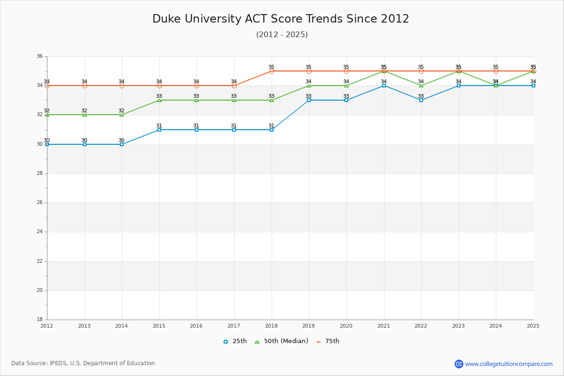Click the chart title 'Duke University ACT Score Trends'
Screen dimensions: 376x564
pyautogui.click(x=281, y=19)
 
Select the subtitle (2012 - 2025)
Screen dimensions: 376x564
pyautogui.click(x=282, y=35)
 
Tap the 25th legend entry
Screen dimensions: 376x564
pyautogui.click(x=235, y=341)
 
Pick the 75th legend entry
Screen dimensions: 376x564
pyautogui.click(x=328, y=341)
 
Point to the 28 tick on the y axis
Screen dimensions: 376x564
pyautogui.click(x=39, y=173)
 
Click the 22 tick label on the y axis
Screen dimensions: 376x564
pyautogui.click(x=39, y=261)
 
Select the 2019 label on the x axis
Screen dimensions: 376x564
pyautogui.click(x=309, y=326)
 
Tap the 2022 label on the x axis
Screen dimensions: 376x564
pyautogui.click(x=421, y=326)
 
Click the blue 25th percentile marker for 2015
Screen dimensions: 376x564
pyautogui.click(x=159, y=130)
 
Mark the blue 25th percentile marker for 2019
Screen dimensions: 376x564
pyautogui.click(x=309, y=100)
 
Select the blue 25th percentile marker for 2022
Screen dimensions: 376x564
pyautogui.click(x=421, y=100)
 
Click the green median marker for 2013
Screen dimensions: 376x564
pyautogui.click(x=85, y=115)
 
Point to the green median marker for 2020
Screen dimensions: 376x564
pyautogui.click(x=346, y=86)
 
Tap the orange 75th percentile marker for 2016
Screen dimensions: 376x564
pyautogui.click(x=196, y=86)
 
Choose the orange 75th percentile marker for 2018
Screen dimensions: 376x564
pyautogui.click(x=272, y=71)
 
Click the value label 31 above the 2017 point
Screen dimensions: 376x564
pyautogui.click(x=234, y=125)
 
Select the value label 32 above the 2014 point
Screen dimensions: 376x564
pyautogui.click(x=121, y=111)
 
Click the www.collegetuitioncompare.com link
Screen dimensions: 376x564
pyautogui.click(x=509, y=364)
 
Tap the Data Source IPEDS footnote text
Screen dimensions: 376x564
pyautogui.click(x=83, y=363)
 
